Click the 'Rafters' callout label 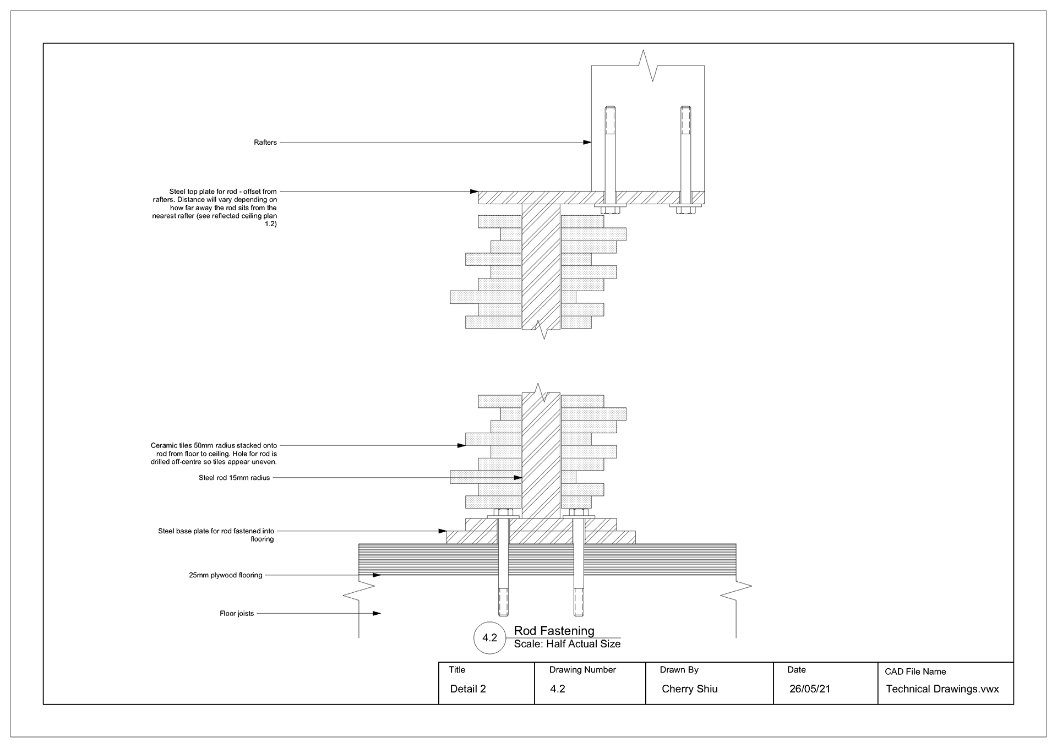(x=265, y=143)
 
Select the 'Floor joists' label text (x=237, y=614)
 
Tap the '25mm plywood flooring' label (x=226, y=576)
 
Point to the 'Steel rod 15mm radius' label (x=235, y=478)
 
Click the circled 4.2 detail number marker (x=490, y=638)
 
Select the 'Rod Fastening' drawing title (x=554, y=631)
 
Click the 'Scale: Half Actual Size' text (x=567, y=644)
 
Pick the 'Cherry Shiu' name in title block (x=689, y=689)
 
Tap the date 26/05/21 (x=810, y=689)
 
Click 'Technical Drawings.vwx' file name (x=942, y=689)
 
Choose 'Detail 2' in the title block (x=468, y=689)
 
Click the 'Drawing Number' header (x=582, y=670)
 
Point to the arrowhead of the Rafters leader (x=587, y=143)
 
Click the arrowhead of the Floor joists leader (x=377, y=613)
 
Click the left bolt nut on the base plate (x=503, y=512)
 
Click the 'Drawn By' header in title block (x=679, y=670)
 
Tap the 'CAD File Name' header (x=915, y=671)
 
